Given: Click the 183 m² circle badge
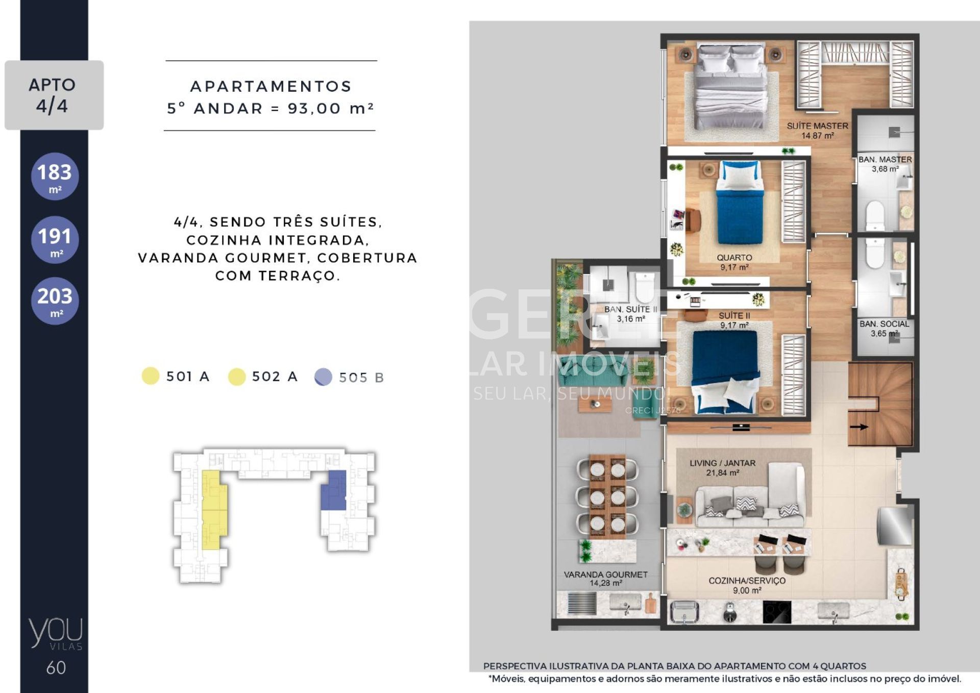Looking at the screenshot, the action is click(55, 176).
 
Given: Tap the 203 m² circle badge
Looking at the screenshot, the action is click(55, 301).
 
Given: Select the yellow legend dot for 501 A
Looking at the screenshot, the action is click(151, 376).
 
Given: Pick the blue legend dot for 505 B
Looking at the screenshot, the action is click(323, 377).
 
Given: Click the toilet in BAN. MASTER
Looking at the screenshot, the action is click(875, 215).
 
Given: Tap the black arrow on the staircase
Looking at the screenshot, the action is click(859, 427).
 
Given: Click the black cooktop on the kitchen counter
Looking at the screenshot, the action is click(777, 612).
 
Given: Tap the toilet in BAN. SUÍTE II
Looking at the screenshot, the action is click(645, 286).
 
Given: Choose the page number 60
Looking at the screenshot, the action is click(56, 668).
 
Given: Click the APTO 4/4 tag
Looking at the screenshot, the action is click(54, 95).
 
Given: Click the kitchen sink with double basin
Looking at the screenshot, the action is click(684, 611).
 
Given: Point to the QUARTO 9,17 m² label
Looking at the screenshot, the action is click(734, 262).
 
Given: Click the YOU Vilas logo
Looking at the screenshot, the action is click(56, 633).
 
